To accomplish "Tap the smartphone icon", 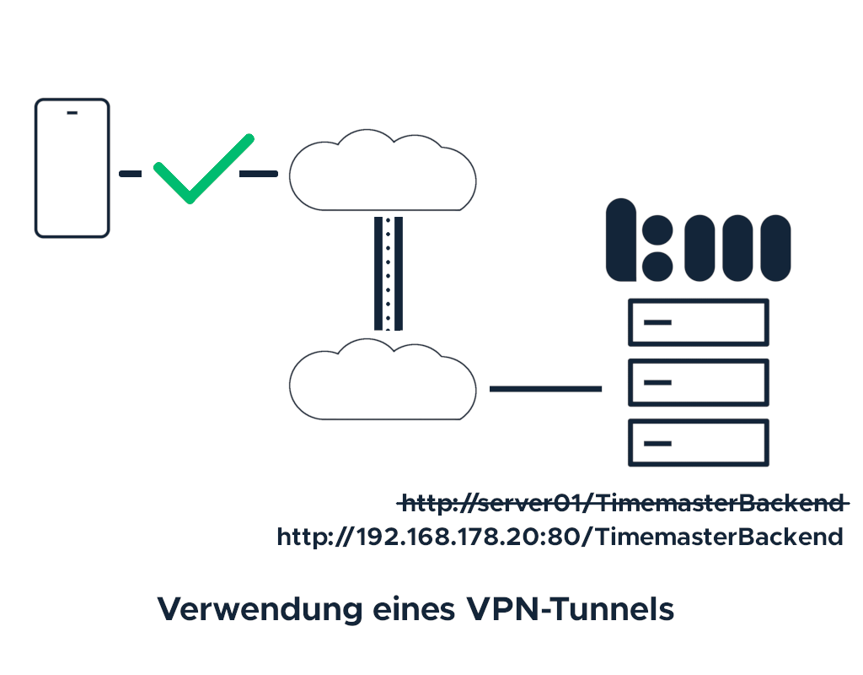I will coord(72,168).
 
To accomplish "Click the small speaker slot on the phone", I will coord(72,113).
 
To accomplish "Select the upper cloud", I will coord(383,173).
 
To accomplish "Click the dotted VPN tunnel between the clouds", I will coord(389,273).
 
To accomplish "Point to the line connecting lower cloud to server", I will coord(545,389).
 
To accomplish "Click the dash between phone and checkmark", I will coord(130,174).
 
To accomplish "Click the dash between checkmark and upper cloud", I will coord(259,174).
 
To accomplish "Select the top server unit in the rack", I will coord(699,322).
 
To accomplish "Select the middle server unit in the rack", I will coord(699,382).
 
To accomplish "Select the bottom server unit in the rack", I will coord(699,442).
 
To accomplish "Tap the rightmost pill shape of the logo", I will coord(772,249).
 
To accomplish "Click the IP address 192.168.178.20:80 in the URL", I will coord(468,537).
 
